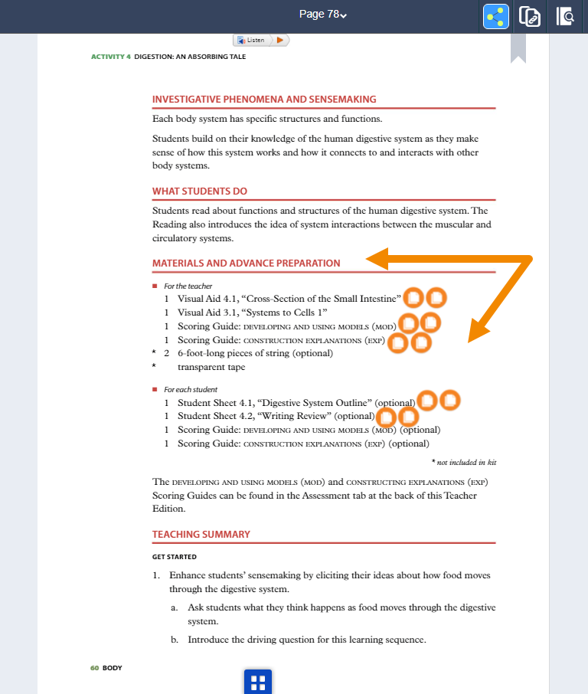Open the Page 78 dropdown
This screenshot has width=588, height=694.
[322, 15]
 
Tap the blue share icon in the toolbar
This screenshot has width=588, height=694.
[497, 16]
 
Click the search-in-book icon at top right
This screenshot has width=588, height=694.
[565, 16]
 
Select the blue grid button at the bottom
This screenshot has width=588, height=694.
[258, 682]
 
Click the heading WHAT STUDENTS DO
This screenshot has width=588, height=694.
[200, 191]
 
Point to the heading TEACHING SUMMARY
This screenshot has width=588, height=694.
[201, 534]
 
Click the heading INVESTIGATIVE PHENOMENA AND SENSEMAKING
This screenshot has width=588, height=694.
[264, 99]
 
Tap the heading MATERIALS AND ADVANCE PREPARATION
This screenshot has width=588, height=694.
[247, 263]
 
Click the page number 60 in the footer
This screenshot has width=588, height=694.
[95, 668]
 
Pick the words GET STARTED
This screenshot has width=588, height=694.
[175, 557]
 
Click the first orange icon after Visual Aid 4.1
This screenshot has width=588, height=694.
[413, 297]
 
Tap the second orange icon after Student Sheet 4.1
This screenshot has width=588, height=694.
[449, 399]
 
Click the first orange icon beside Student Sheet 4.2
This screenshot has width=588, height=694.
[387, 417]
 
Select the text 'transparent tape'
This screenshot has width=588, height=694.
[211, 367]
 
